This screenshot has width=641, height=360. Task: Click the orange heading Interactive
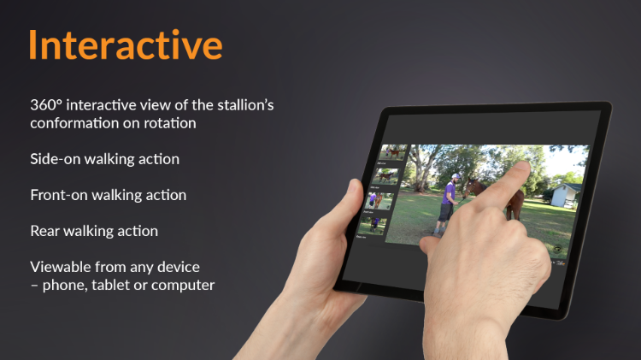pos(126,44)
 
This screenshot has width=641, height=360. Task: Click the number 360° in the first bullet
pos(46,105)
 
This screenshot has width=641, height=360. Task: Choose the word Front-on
pos(59,195)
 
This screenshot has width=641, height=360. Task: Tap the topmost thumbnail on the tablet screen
pos(393,152)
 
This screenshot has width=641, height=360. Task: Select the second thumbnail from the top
pos(385,177)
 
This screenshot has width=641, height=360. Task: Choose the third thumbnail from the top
pos(379,201)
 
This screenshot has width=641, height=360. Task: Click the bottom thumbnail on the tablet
pos(372,226)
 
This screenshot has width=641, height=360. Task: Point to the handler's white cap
pos(456,176)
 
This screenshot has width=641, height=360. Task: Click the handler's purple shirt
pos(450,193)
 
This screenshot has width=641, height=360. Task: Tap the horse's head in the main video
pos(471,187)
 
